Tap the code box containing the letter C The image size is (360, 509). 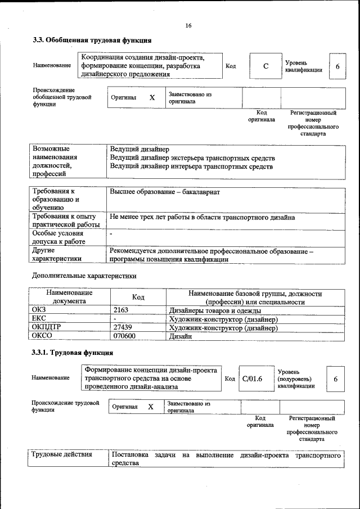(265, 66)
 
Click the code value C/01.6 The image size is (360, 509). (253, 379)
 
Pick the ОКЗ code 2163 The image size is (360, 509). (121, 310)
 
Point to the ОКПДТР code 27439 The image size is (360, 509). (123, 327)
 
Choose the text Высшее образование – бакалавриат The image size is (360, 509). (165, 192)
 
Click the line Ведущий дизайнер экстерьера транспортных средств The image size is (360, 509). (192, 158)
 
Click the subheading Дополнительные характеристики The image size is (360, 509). (84, 276)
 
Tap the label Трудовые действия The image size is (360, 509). (62, 454)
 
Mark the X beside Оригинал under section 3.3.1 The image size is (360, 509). (151, 407)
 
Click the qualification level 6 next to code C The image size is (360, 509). (337, 66)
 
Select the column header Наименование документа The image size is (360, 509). (69, 297)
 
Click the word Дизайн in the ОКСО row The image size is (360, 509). (181, 336)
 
